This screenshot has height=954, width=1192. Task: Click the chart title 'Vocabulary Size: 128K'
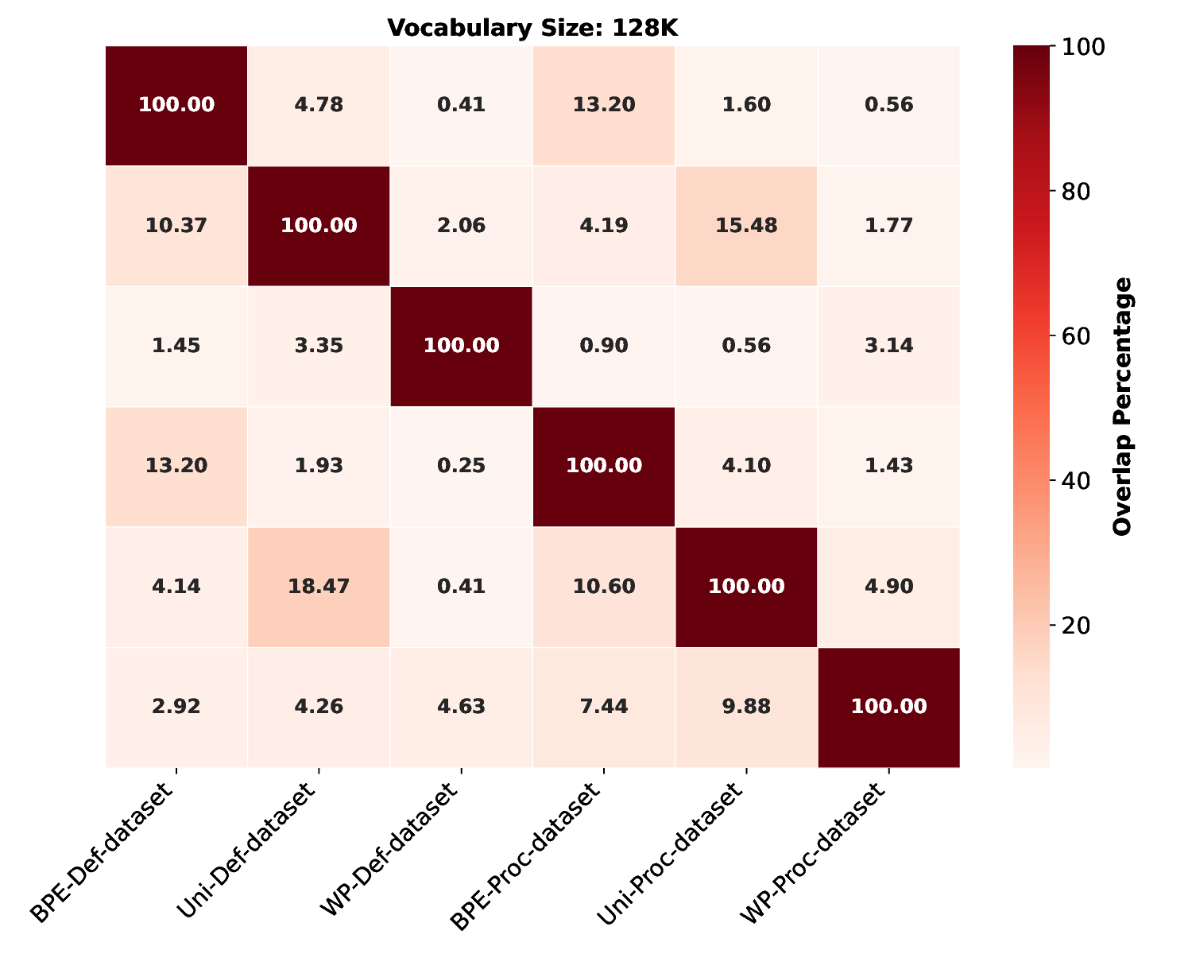(x=532, y=28)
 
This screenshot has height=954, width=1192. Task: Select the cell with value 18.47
(x=319, y=587)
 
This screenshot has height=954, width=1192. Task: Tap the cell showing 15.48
(x=745, y=226)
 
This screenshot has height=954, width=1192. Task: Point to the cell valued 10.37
(x=176, y=226)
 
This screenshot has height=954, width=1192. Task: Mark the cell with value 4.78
(x=319, y=106)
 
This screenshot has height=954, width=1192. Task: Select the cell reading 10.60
(x=603, y=587)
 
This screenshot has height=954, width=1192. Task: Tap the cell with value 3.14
(x=888, y=346)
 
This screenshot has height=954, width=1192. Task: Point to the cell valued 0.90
(x=603, y=346)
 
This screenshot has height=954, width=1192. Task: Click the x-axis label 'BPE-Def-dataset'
(x=107, y=855)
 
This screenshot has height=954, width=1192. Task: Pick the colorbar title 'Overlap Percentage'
(x=1121, y=406)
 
